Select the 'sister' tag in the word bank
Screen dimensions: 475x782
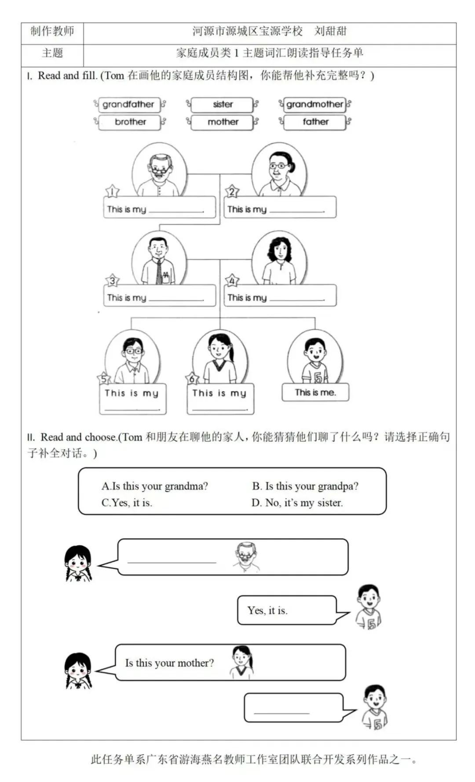[x=223, y=104]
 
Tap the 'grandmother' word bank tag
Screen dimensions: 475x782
[x=315, y=104]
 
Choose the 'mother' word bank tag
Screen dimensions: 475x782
[x=223, y=122]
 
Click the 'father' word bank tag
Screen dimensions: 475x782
[x=315, y=122]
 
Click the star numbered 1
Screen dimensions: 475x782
[x=113, y=192]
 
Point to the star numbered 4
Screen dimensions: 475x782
[x=232, y=280]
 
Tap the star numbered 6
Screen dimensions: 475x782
[x=193, y=379]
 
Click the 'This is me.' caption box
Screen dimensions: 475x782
[x=315, y=392]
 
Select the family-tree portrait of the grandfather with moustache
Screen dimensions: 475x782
[x=159, y=170]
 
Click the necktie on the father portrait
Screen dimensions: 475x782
[x=159, y=272]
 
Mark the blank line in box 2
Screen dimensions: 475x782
[x=297, y=212]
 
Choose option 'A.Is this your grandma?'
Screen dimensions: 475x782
[x=155, y=486]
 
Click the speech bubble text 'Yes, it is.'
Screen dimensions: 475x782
[x=267, y=610]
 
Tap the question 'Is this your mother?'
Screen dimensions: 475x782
[x=169, y=663]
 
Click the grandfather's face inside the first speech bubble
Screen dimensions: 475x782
[x=246, y=556]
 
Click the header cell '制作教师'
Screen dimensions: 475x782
[x=52, y=31]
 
